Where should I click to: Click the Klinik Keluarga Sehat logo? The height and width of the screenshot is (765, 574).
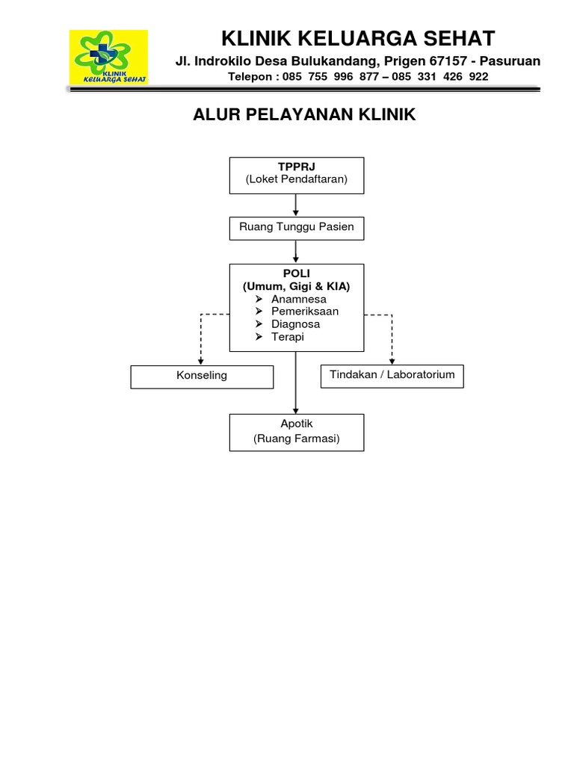tap(108, 57)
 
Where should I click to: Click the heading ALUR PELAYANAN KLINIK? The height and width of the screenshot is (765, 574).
tap(304, 114)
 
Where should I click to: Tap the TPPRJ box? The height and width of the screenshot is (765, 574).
tap(297, 175)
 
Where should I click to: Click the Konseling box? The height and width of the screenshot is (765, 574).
tap(202, 377)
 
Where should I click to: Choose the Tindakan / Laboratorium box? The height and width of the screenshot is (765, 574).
tap(392, 376)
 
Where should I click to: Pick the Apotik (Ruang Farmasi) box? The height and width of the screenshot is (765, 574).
tap(297, 432)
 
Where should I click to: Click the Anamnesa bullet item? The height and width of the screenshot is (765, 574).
tap(298, 299)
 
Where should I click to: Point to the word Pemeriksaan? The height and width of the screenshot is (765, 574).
tap(305, 312)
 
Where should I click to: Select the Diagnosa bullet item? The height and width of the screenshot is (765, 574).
tap(295, 324)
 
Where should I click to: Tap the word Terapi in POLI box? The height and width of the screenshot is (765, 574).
tap(288, 337)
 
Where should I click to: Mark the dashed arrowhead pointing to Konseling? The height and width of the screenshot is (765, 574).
tap(201, 362)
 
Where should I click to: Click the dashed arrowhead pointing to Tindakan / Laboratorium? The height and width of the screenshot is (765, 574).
tap(392, 362)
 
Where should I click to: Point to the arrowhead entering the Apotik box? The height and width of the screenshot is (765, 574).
tap(297, 410)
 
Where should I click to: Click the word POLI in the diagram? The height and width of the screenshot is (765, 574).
tap(297, 273)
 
